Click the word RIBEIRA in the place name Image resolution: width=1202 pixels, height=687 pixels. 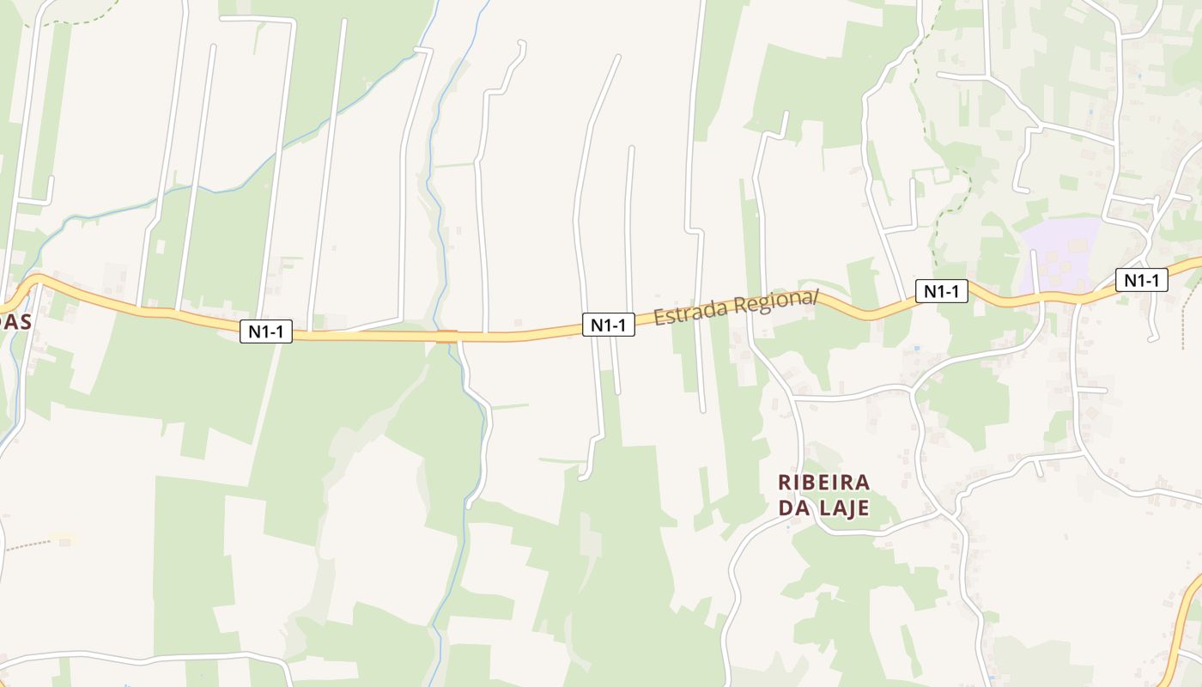point(823,482)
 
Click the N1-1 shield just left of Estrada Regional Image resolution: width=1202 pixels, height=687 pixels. point(609,325)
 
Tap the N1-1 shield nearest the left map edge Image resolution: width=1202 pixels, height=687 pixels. point(265,331)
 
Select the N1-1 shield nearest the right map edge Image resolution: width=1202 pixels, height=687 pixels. point(1142,280)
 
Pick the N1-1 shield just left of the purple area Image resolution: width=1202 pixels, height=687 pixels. point(941,291)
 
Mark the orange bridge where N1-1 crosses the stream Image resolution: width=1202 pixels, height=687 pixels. point(446,336)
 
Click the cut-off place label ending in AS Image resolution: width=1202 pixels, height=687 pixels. point(15,323)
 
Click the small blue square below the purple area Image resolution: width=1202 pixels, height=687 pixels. point(917,350)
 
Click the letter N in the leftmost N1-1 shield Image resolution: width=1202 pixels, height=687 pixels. point(255,331)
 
